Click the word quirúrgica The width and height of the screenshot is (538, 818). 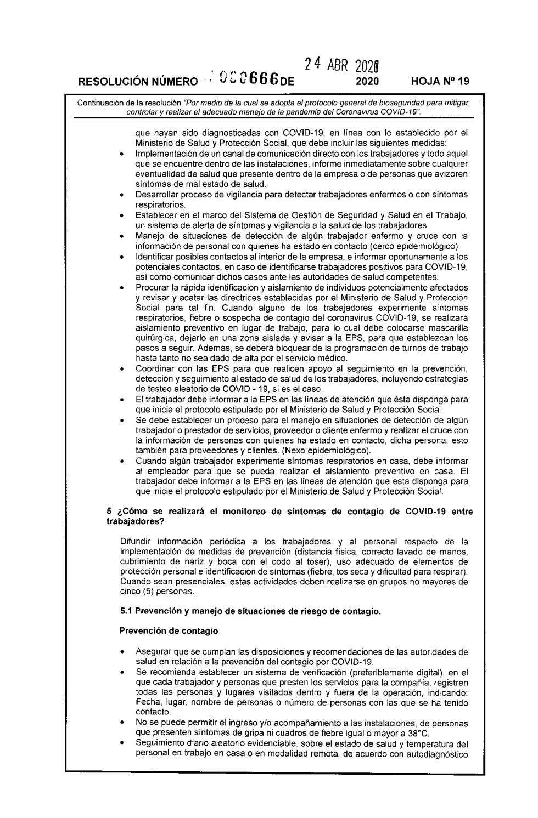click(155, 339)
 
